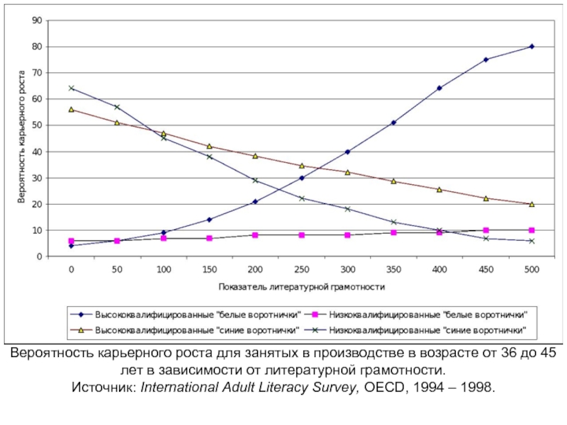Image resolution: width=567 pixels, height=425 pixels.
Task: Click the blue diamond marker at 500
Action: click(x=532, y=47)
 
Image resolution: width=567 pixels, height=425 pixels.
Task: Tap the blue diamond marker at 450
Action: click(x=485, y=59)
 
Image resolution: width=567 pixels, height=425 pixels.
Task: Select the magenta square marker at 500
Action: click(x=532, y=230)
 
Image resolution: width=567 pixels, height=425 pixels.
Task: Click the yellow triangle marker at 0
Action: click(x=71, y=109)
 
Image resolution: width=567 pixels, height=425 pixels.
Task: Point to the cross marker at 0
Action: click(x=71, y=88)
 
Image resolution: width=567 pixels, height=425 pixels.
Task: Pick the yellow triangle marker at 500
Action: click(x=532, y=204)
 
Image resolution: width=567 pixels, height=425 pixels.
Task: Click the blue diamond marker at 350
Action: click(x=393, y=123)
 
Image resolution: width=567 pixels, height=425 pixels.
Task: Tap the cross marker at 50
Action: click(x=117, y=107)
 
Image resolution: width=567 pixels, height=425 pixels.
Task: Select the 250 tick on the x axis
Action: click(x=301, y=270)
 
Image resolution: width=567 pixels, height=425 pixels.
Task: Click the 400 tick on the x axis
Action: click(x=439, y=270)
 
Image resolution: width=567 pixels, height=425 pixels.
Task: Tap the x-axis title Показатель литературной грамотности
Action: click(x=301, y=287)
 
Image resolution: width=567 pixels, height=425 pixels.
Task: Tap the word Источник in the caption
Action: click(x=103, y=389)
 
